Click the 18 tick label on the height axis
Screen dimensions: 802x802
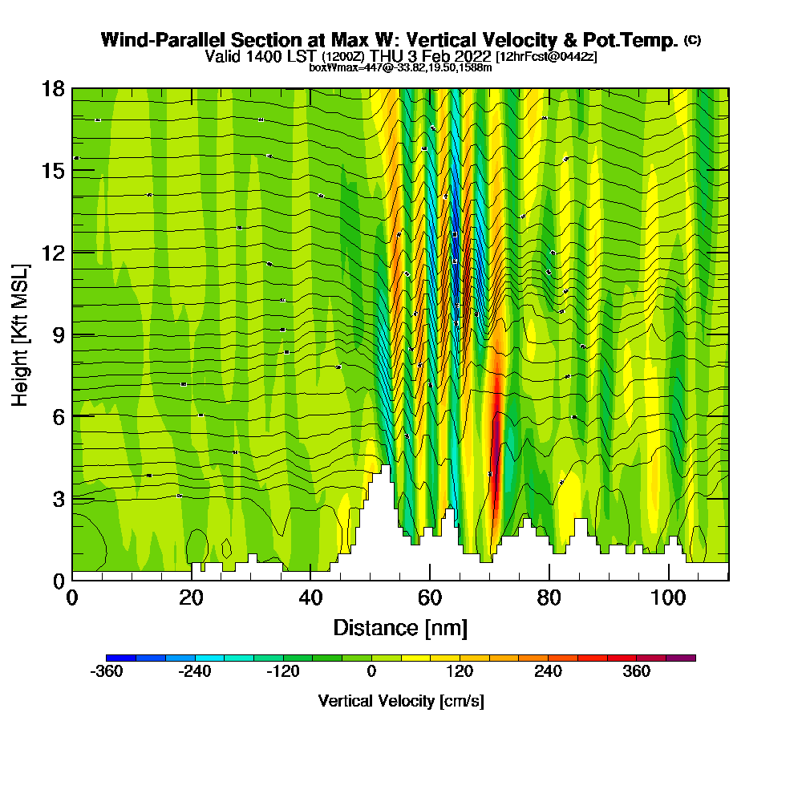pyautogui.click(x=53, y=88)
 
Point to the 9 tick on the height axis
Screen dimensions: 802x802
pyautogui.click(x=72, y=334)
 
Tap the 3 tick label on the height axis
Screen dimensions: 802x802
pyautogui.click(x=59, y=498)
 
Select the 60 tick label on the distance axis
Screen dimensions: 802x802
pyautogui.click(x=430, y=598)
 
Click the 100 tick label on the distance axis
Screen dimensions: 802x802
pyautogui.click(x=668, y=598)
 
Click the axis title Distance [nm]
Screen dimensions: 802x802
pyautogui.click(x=400, y=627)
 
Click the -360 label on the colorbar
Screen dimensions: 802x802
pyautogui.click(x=107, y=672)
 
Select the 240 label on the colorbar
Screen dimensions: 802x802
pyautogui.click(x=549, y=672)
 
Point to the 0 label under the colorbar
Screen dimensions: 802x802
pyautogui.click(x=371, y=672)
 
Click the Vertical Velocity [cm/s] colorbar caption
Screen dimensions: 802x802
pyautogui.click(x=400, y=701)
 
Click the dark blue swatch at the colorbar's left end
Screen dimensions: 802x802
pyautogui.click(x=121, y=658)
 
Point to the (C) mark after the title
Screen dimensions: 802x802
pyautogui.click(x=692, y=40)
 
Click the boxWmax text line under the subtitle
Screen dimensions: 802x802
pyautogui.click(x=400, y=67)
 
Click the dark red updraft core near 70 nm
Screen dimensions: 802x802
pyautogui.click(x=496, y=449)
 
